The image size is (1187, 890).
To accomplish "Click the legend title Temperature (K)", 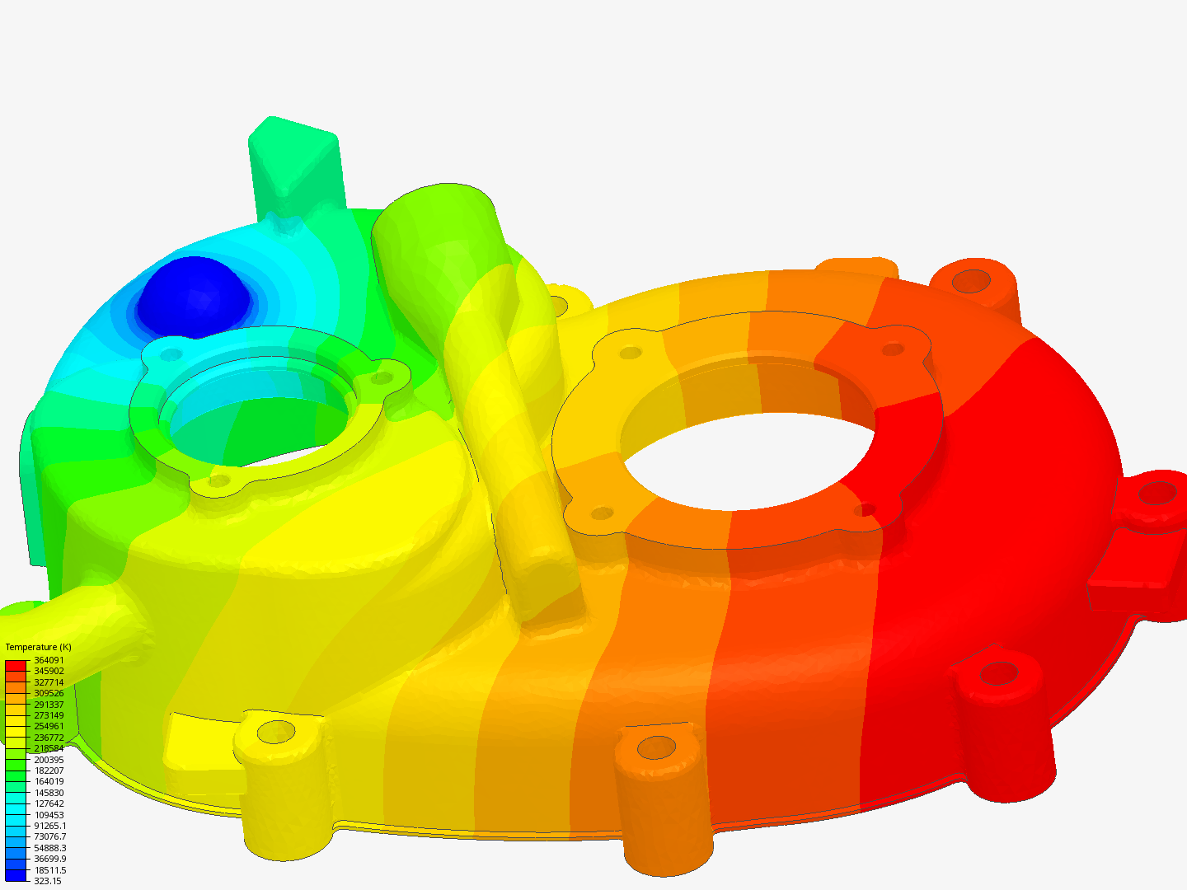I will pyautogui.click(x=38, y=647).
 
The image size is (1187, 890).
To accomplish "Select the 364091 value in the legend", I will pyautogui.click(x=49, y=660).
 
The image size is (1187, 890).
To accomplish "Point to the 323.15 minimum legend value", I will pyautogui.click(x=47, y=881).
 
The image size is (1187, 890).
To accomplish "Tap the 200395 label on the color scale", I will pyautogui.click(x=49, y=760).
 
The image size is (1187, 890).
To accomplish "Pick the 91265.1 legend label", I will pyautogui.click(x=49, y=826).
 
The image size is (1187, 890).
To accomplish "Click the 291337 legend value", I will pyautogui.click(x=49, y=705).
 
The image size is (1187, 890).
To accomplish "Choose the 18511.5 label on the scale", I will pyautogui.click(x=49, y=870).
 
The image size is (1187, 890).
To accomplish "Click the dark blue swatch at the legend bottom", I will pyautogui.click(x=16, y=874).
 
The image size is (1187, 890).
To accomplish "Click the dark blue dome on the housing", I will pyautogui.click(x=193, y=294).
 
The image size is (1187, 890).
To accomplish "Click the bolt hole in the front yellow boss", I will pyautogui.click(x=276, y=731).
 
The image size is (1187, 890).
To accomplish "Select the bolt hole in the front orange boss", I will pyautogui.click(x=656, y=747).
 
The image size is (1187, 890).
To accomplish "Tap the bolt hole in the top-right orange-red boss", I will pyautogui.click(x=972, y=281).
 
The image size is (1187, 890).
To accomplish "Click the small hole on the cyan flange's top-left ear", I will pyautogui.click(x=171, y=354).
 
